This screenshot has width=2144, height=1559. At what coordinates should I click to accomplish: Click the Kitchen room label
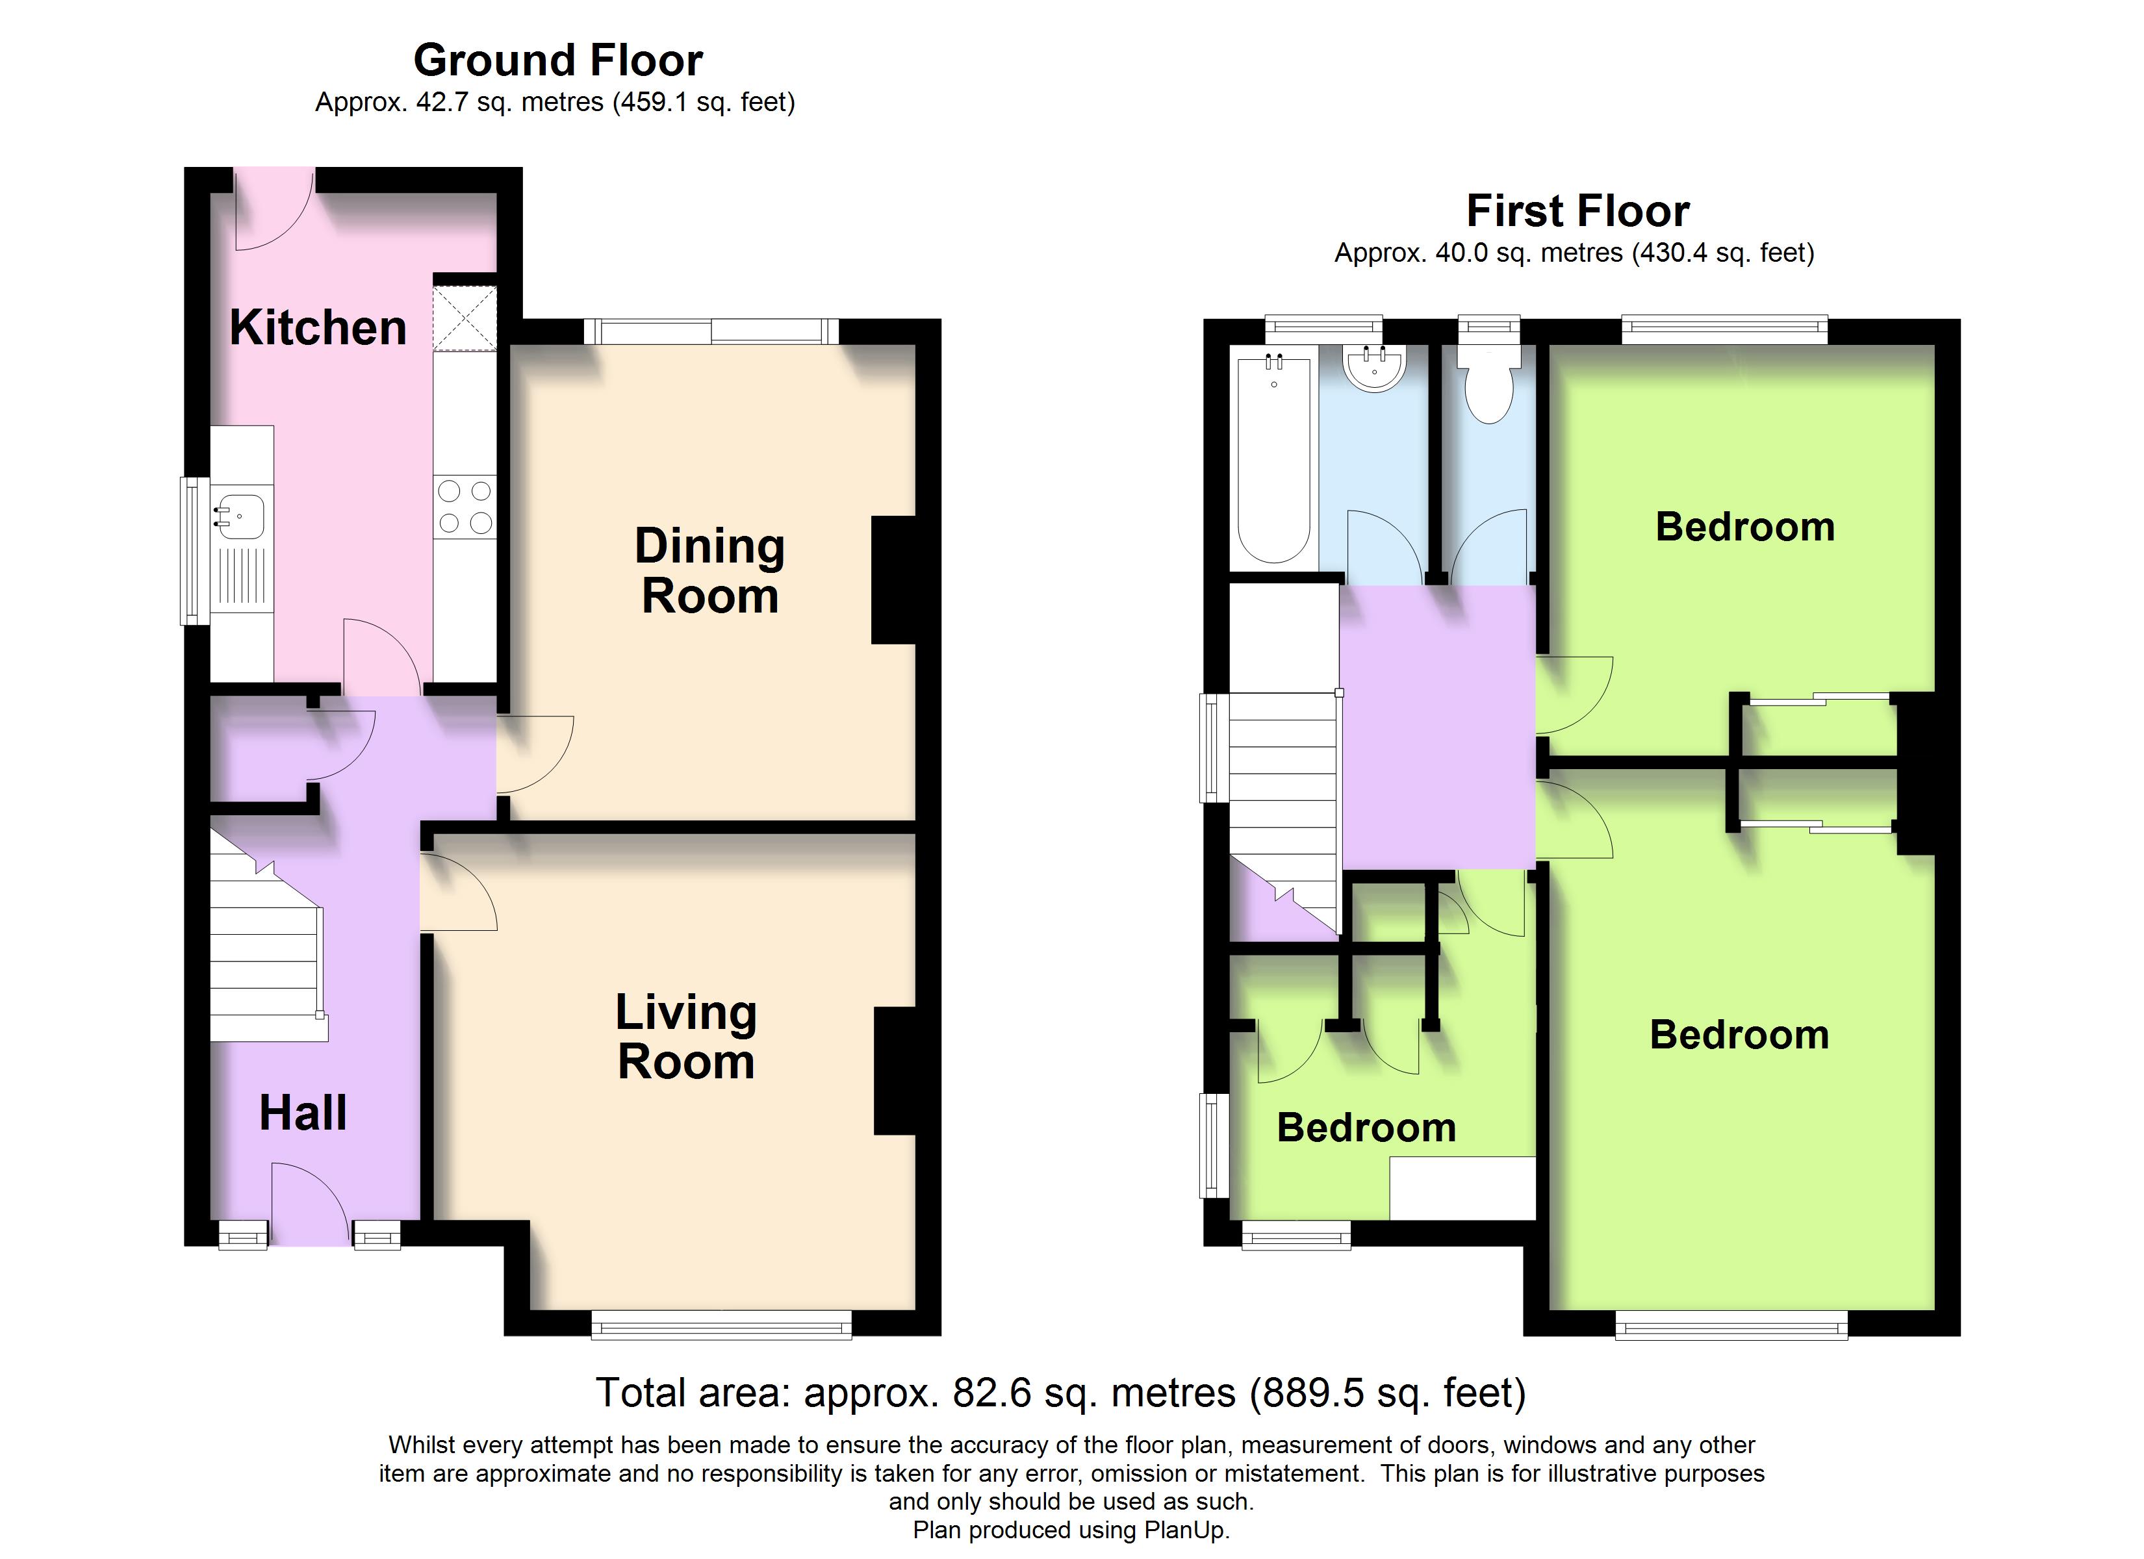(318, 328)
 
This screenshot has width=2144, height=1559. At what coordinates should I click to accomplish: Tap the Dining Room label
(710, 571)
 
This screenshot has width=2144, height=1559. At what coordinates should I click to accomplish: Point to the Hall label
(303, 1113)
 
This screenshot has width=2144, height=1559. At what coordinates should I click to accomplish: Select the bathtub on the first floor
(1273, 459)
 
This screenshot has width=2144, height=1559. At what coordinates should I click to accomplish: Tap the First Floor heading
(1577, 211)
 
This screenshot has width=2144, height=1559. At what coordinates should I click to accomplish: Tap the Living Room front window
(721, 1326)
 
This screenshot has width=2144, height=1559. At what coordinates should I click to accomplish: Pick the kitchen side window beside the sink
(195, 550)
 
